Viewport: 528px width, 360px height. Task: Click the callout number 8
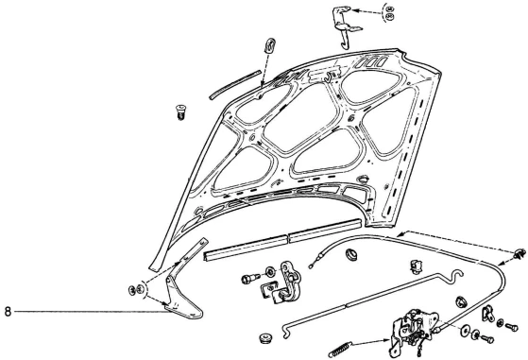(x=8, y=312)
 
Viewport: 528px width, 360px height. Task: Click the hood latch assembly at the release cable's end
(x=415, y=331)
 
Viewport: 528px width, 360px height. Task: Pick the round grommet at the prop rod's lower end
(x=265, y=337)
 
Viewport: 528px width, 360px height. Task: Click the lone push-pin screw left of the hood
(x=180, y=112)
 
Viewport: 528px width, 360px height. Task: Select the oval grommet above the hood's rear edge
(x=270, y=45)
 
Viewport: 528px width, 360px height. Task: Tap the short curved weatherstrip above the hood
(x=234, y=85)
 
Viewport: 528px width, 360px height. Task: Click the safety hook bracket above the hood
(x=345, y=28)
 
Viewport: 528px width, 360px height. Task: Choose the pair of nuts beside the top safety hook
(x=390, y=13)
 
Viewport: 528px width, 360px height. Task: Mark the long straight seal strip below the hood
(x=282, y=240)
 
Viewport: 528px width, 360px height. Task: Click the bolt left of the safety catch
(x=249, y=279)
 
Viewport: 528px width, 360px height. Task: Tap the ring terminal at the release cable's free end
(x=310, y=267)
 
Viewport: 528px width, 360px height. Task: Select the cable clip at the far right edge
(x=520, y=253)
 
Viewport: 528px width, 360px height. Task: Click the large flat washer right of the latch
(x=466, y=330)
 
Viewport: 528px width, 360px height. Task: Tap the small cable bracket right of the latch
(x=487, y=313)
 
